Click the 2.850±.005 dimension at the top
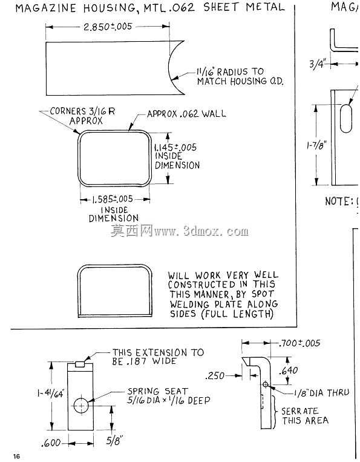point(108,27)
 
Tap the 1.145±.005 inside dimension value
point(175,147)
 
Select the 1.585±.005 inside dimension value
point(112,199)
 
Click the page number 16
point(16,456)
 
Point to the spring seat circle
point(80,406)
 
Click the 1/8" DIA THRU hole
point(265,384)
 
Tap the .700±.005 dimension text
point(299,343)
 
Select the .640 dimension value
point(289,371)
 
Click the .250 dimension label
point(215,376)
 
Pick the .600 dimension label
point(51,443)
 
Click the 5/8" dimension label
point(114,441)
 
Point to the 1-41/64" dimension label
point(51,394)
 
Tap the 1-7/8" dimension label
point(316,145)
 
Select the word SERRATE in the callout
point(299,411)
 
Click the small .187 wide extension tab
point(80,364)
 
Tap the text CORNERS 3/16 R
point(82,111)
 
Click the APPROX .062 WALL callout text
point(186,114)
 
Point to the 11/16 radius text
point(230,72)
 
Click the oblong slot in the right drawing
point(346,118)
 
